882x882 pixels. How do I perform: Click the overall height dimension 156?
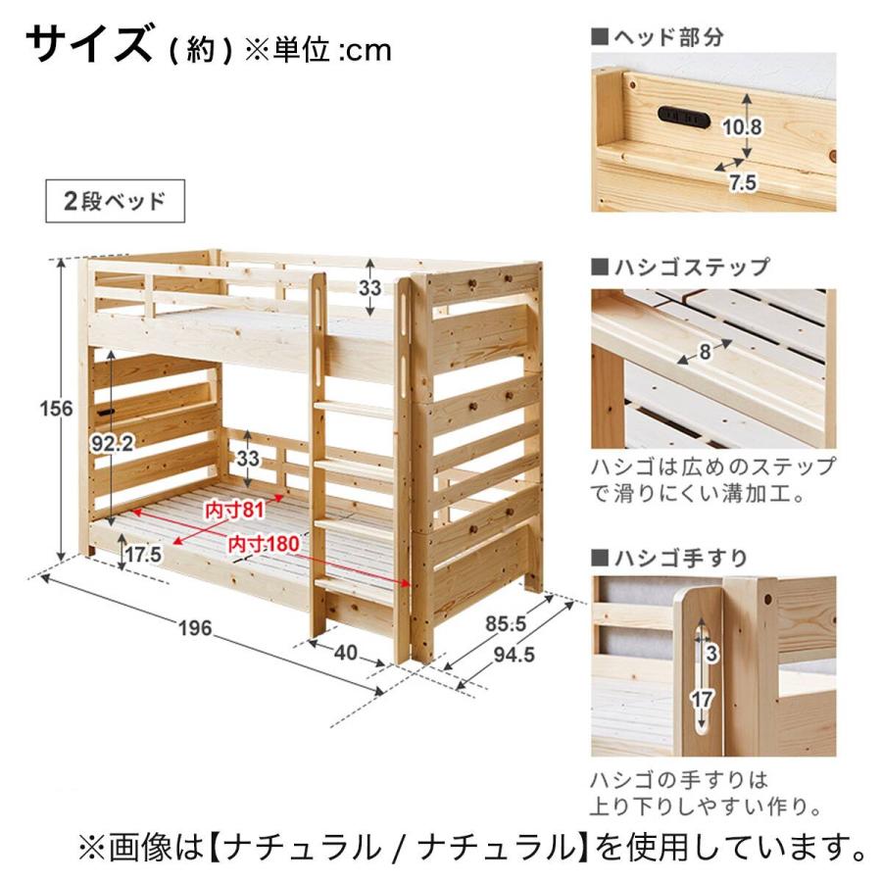[x=56, y=409]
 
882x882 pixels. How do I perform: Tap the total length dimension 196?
[x=195, y=628]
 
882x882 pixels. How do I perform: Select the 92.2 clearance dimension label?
[x=113, y=444]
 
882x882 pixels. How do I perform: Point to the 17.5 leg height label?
[x=143, y=555]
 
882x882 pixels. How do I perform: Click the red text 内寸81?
[x=234, y=511]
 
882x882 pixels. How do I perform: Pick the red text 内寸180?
[x=264, y=544]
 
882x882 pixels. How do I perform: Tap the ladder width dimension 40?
[x=345, y=653]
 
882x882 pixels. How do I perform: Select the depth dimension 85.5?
[x=506, y=624]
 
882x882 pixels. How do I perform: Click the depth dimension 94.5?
[x=514, y=655]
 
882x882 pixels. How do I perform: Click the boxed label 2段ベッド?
[x=115, y=201]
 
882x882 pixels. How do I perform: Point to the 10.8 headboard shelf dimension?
[x=742, y=127]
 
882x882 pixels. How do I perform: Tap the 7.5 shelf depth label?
[x=743, y=183]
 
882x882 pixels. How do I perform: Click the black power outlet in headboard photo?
[x=683, y=117]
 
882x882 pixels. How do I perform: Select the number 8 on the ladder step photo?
[x=705, y=352]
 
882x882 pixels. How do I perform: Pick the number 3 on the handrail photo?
[x=711, y=654]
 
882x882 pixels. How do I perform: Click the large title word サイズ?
[x=89, y=43]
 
